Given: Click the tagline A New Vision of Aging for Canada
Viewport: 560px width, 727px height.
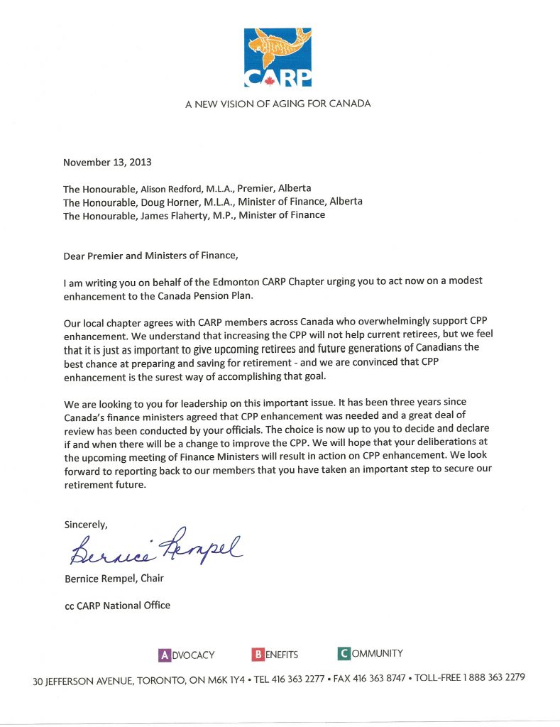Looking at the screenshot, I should [278, 104].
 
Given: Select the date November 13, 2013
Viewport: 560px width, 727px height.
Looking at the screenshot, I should [107, 162].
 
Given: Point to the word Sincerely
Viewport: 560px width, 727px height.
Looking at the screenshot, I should [86, 525].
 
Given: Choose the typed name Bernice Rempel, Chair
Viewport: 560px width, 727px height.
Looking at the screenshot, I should [114, 578].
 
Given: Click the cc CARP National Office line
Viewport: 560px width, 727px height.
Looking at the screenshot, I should [117, 605].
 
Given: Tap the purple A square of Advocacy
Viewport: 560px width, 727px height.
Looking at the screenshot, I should [164, 655].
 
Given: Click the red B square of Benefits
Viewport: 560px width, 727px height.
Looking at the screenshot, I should [258, 654].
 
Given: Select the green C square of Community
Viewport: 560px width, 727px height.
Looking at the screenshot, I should [344, 653].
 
